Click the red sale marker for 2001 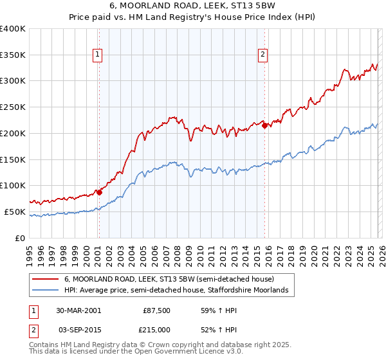(x=99, y=192)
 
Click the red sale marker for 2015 (x=264, y=125)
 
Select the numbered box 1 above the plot (x=97, y=55)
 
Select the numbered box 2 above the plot (x=263, y=55)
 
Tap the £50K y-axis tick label (x=15, y=212)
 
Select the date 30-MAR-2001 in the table (x=78, y=310)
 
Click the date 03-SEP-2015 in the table (x=78, y=328)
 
